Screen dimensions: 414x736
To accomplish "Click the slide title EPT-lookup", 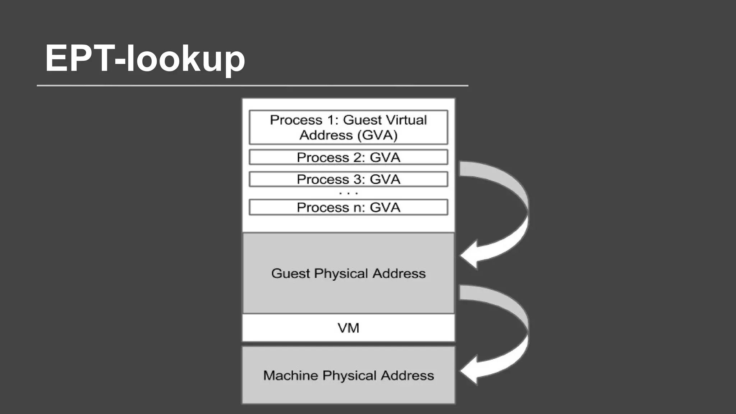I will tap(145, 58).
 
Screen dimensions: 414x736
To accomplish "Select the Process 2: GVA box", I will tap(348, 157).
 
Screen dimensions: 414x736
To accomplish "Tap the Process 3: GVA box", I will tap(348, 179).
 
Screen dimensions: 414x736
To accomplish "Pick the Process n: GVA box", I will tap(348, 207).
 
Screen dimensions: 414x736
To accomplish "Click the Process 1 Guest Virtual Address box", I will tap(348, 127).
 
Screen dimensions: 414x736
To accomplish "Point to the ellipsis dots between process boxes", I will tap(348, 193).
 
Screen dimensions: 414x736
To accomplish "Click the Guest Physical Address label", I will tap(348, 273).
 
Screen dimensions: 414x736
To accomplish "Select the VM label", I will tap(348, 328).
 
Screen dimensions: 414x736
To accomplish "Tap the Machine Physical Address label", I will tap(348, 376).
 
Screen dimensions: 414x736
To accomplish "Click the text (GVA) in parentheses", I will tap(377, 135).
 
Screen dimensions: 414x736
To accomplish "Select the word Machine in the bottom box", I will tap(290, 376).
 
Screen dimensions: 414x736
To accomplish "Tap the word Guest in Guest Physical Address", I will tap(290, 273).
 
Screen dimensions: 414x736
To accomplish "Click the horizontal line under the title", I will tap(252, 86).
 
